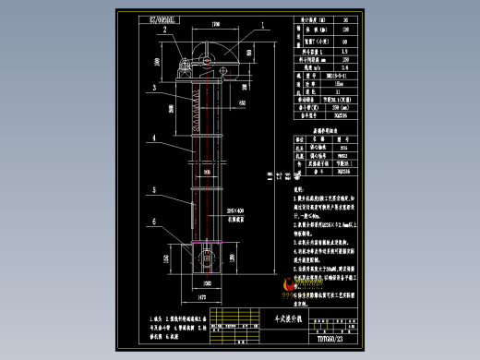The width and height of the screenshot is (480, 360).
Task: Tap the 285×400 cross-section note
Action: pyautogui.click(x=234, y=210)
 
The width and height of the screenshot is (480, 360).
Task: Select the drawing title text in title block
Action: pyautogui.click(x=301, y=314)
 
